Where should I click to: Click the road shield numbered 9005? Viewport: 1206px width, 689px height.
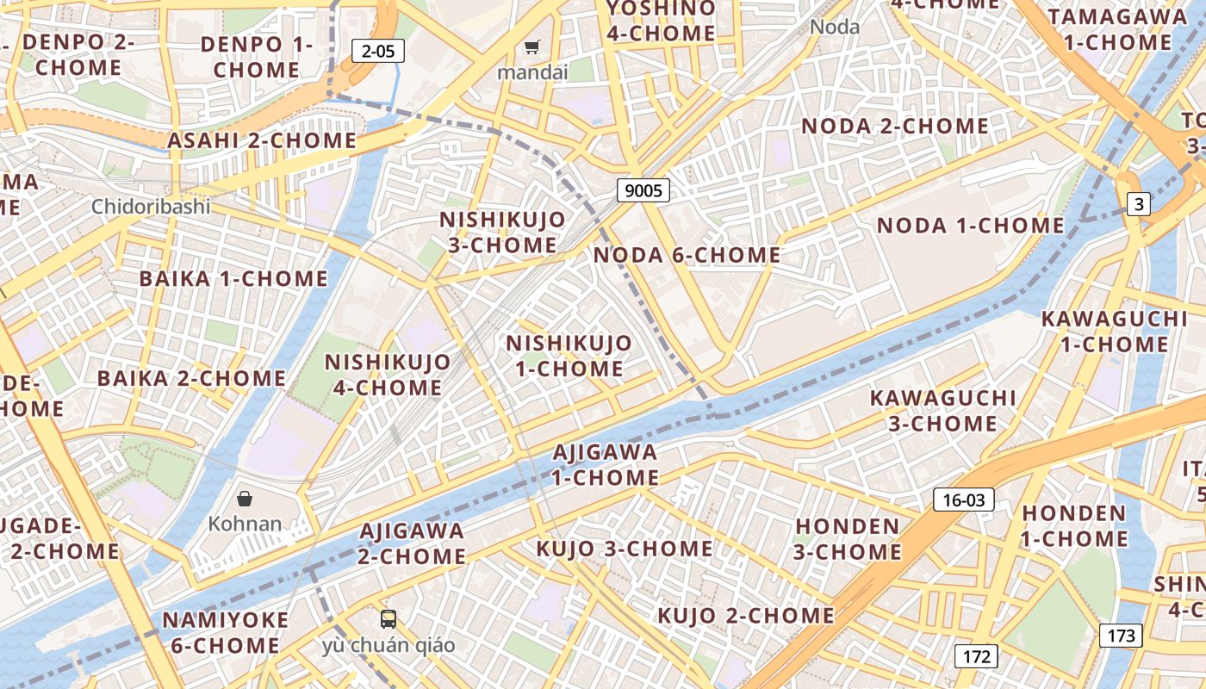click(643, 190)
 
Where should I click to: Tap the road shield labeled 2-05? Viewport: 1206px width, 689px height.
click(378, 51)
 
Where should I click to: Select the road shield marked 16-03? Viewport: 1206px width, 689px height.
click(964, 500)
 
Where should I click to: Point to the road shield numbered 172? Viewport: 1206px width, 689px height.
click(976, 656)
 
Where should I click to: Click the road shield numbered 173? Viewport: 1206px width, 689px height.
click(1121, 636)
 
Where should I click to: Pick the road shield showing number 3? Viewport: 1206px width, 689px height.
click(1139, 204)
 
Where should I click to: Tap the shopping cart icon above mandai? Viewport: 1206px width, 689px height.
click(533, 47)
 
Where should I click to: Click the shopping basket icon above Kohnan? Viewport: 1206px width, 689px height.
click(245, 498)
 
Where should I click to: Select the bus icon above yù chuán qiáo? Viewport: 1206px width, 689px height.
click(389, 618)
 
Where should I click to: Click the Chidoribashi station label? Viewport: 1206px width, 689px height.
click(151, 207)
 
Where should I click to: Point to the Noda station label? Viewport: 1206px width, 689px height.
click(835, 27)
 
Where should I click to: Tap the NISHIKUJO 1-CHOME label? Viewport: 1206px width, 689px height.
click(569, 356)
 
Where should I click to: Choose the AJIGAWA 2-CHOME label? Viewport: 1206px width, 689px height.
click(412, 543)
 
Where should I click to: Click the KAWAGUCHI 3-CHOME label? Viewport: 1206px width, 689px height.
click(942, 411)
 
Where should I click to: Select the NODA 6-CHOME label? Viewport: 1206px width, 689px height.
click(687, 255)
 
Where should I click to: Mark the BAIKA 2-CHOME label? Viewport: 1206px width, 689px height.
click(191, 378)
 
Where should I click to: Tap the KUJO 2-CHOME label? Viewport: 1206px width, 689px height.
click(745, 616)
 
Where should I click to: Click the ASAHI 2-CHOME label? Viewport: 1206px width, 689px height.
click(262, 140)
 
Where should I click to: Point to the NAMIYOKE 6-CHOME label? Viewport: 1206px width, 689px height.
click(225, 632)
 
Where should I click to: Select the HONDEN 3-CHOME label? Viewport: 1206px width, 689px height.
click(847, 538)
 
